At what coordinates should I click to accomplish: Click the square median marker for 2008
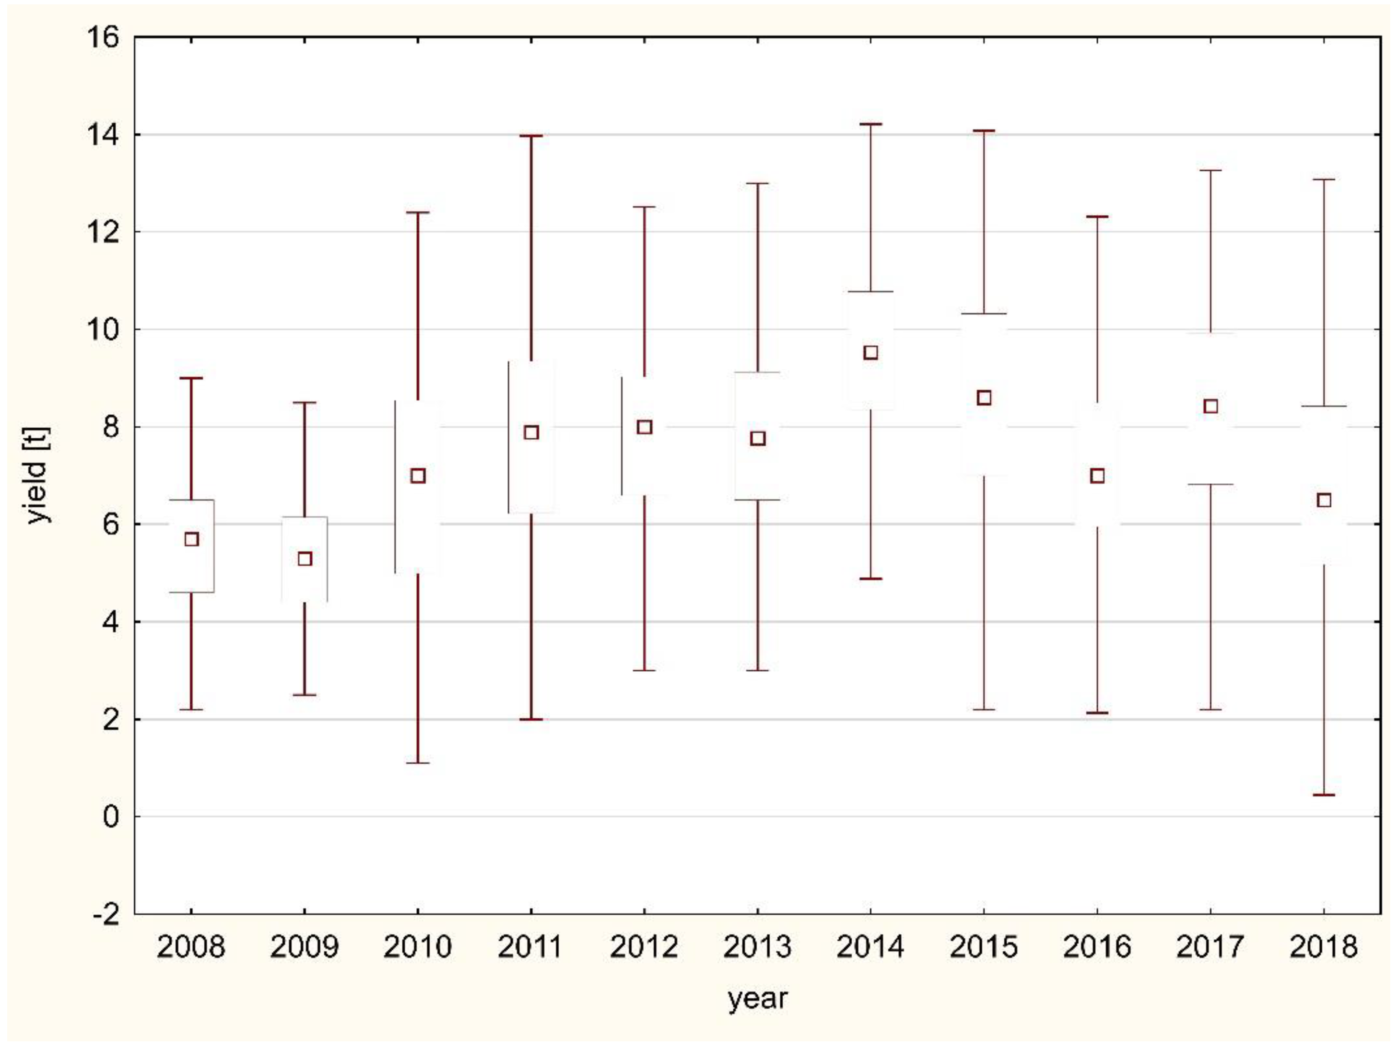click(191, 539)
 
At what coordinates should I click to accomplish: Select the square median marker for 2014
click(870, 352)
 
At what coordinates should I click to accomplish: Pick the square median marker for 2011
click(531, 432)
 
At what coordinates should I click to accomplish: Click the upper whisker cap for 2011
click(531, 136)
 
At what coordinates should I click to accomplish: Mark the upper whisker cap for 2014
click(870, 124)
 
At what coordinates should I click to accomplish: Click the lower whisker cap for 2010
click(417, 763)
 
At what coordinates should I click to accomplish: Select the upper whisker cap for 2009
click(305, 402)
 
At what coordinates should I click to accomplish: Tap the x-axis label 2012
click(644, 947)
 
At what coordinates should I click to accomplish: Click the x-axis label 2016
click(1097, 947)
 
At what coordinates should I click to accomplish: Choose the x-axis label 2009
click(305, 947)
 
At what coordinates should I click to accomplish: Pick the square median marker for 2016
click(1097, 476)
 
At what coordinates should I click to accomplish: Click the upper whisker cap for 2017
click(1211, 171)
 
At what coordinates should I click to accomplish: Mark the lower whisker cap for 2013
click(757, 671)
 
